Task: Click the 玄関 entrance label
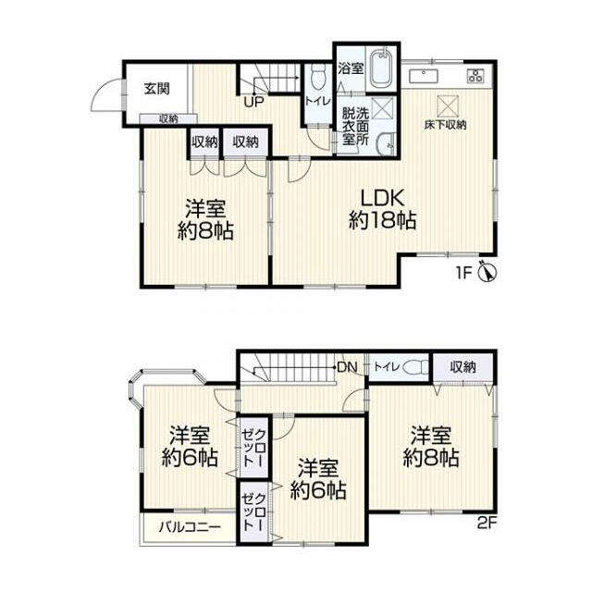[157, 89]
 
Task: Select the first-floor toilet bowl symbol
[318, 76]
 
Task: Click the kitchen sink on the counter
[424, 76]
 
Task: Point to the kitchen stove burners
[475, 76]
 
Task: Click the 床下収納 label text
[446, 125]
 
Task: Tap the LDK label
[383, 197]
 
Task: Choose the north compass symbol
[487, 271]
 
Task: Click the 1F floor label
[464, 273]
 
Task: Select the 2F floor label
[487, 524]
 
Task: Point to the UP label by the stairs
[253, 102]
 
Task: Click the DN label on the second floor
[348, 367]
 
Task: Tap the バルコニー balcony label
[190, 526]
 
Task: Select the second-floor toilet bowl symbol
[415, 367]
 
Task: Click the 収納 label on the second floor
[463, 366]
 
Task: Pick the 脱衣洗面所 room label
[355, 126]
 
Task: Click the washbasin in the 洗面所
[387, 144]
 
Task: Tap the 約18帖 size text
[383, 220]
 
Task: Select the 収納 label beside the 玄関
[168, 119]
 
